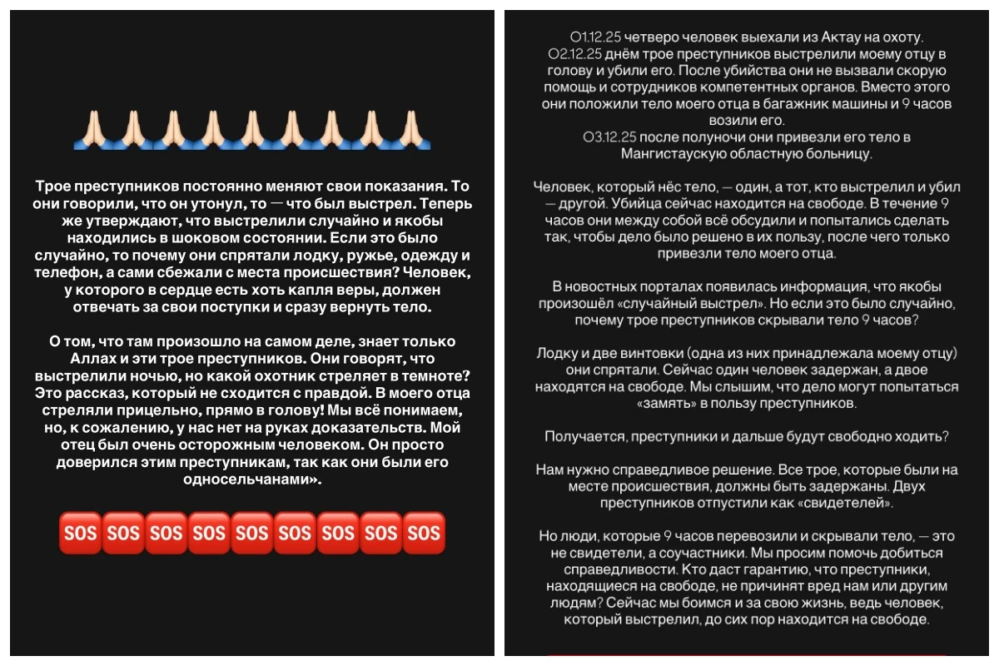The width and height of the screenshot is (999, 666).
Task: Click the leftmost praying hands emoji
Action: (x=89, y=128)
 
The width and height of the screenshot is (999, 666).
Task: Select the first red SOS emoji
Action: (x=79, y=532)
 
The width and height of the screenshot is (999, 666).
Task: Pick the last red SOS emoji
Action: (x=424, y=532)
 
